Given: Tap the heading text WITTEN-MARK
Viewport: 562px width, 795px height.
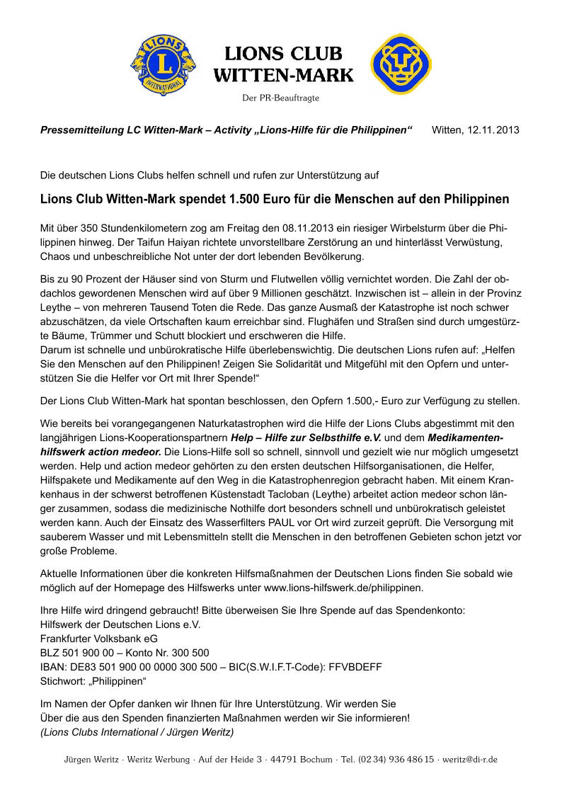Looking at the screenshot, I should (x=283, y=75).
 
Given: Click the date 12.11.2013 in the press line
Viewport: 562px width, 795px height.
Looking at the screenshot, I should (x=493, y=130).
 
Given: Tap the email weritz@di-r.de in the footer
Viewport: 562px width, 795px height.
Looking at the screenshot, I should (x=469, y=759).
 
